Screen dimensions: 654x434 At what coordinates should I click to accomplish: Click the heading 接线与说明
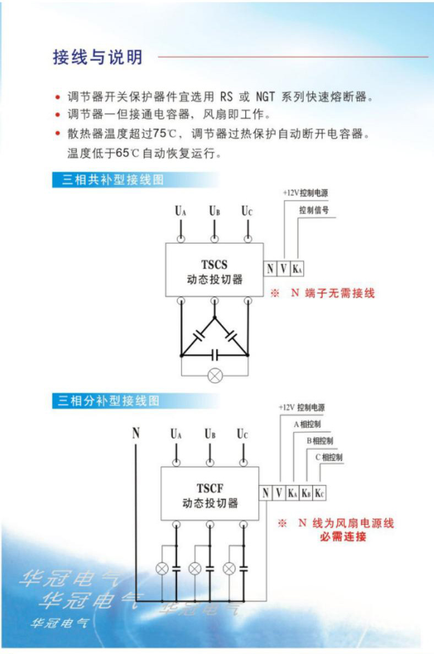pyautogui.click(x=97, y=57)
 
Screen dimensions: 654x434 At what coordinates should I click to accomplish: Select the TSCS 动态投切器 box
pyautogui.click(x=214, y=270)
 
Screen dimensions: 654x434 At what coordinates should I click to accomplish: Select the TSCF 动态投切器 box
pyautogui.click(x=209, y=494)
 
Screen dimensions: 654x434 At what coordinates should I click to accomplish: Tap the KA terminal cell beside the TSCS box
pyautogui.click(x=297, y=269)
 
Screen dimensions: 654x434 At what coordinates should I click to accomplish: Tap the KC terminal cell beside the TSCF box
pyautogui.click(x=319, y=492)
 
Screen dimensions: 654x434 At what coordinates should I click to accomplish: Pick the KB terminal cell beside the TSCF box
pyautogui.click(x=306, y=492)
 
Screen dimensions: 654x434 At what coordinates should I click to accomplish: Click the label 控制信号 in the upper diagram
pyautogui.click(x=314, y=210)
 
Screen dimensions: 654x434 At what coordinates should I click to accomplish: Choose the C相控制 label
pyautogui.click(x=329, y=458)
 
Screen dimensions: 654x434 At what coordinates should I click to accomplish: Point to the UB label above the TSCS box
pyautogui.click(x=214, y=211)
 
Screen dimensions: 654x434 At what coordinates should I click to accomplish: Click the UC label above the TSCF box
pyautogui.click(x=242, y=435)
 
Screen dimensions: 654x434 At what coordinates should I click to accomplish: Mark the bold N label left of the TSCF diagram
pyautogui.click(x=135, y=433)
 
